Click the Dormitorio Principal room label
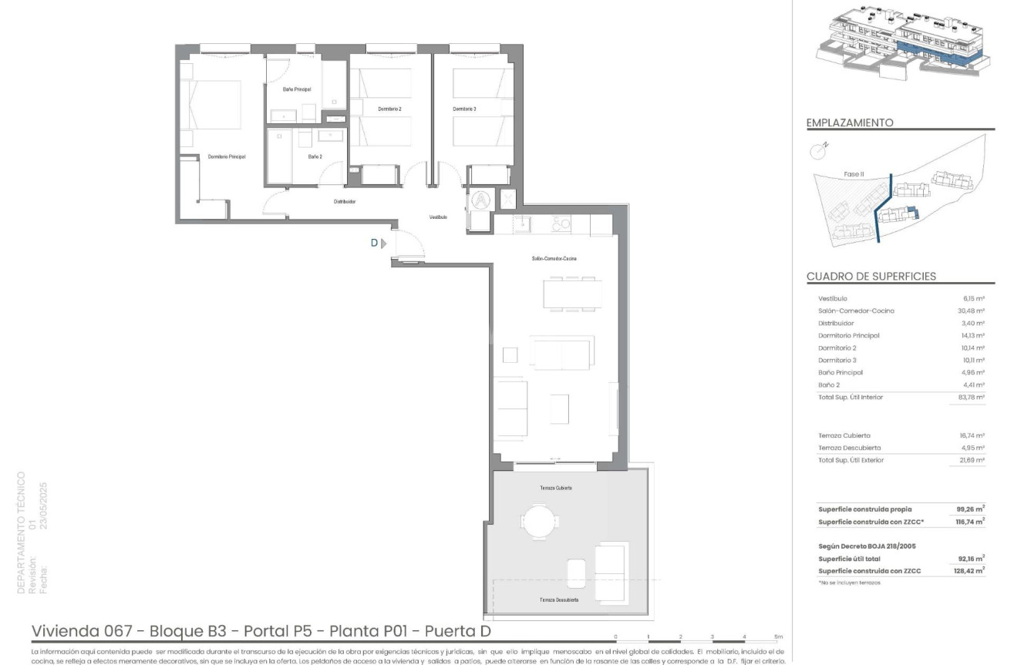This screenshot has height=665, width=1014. pos(227,156)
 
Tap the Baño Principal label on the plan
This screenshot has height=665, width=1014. pos(297,89)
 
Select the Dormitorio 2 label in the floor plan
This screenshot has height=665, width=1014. pos(389,109)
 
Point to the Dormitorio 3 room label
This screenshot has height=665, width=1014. pos(464,109)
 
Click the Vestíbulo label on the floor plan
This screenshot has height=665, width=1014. pos(439,217)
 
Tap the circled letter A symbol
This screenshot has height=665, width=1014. pos(480,200)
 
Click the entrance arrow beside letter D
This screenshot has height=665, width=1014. pos(384,243)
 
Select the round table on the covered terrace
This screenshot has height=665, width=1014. pos(537,519)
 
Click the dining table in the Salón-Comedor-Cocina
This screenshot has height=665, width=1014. pos(572,293)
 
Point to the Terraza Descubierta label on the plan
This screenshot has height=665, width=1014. pos(560,600)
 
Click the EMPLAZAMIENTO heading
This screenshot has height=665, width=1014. pos(849,123)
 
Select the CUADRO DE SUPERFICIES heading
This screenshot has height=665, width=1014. pos(871,276)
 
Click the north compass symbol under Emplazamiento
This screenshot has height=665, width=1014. pos(818,151)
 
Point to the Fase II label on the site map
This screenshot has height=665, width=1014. pos(854,174)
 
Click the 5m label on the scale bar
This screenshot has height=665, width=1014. pos(778,636)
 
